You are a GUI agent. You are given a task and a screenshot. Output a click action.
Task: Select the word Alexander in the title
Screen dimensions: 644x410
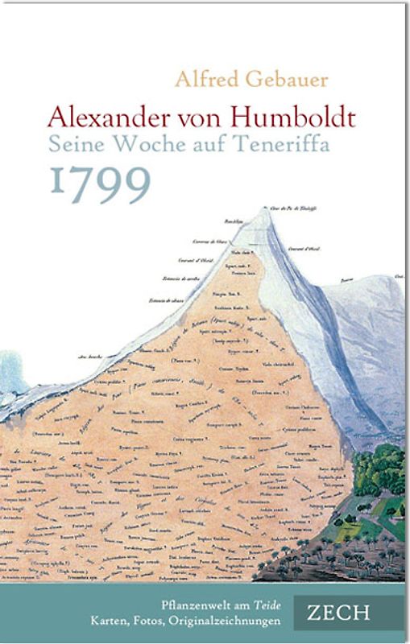pos(112,118)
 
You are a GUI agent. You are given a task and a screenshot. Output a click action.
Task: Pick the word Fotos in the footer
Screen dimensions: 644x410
pos(162,621)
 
